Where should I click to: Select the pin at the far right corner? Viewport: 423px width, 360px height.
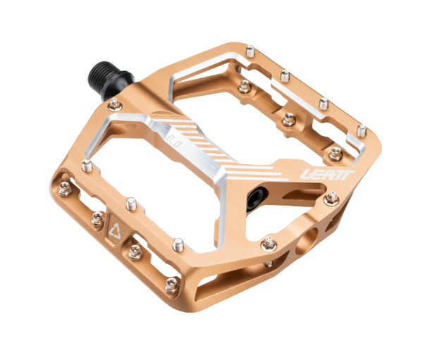click(x=361, y=130)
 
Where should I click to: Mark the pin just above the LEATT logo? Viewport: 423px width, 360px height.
click(x=335, y=151)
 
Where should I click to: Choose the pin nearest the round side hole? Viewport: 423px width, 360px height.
click(x=268, y=244)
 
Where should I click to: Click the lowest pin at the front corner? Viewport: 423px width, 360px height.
click(x=171, y=285)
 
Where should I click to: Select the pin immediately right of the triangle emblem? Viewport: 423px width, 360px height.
click(x=133, y=252)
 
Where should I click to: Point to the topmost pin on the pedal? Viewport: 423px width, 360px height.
click(x=250, y=50)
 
